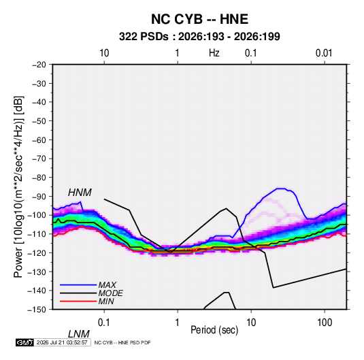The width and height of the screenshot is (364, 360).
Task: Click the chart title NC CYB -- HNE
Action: point(199,19)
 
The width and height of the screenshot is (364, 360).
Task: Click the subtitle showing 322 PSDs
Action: point(199,37)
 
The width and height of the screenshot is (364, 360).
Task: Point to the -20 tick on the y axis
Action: point(39,65)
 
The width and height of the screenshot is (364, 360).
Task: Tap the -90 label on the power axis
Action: point(39,197)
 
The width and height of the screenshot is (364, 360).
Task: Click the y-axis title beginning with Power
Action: point(18,187)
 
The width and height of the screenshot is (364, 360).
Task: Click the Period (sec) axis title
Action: point(214,330)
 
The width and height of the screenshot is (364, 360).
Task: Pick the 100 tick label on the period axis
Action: point(325,323)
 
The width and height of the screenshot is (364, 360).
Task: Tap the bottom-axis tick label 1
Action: point(177,323)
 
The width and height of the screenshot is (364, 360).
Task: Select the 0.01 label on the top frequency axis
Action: point(324,53)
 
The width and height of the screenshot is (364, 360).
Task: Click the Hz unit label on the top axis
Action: point(214,53)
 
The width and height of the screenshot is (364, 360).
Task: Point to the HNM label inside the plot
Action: point(80,193)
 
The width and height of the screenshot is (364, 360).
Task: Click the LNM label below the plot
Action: point(78,334)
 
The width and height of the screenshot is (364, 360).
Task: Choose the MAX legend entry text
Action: point(107,285)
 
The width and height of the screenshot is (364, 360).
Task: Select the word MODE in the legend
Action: point(110,293)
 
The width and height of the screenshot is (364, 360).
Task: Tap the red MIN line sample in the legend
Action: point(78,301)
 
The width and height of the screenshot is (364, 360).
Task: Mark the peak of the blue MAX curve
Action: point(281,189)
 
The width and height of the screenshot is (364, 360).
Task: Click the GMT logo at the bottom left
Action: point(25,342)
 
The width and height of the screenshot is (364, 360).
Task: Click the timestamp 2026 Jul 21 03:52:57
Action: point(62,342)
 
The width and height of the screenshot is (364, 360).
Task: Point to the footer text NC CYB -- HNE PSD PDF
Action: point(122,342)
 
